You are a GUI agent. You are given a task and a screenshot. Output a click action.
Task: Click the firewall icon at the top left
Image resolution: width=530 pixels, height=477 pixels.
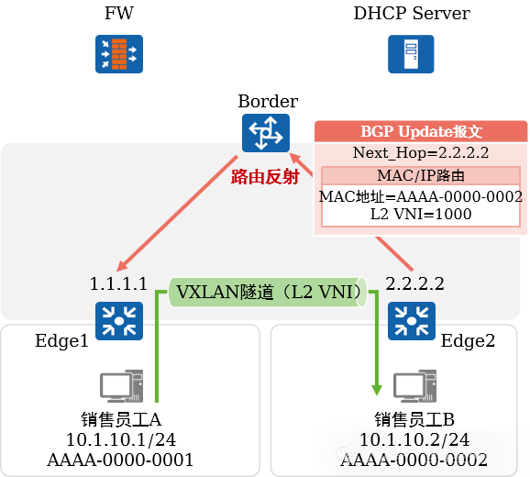118,54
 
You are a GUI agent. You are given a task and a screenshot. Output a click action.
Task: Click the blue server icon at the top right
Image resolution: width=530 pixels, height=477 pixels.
411,54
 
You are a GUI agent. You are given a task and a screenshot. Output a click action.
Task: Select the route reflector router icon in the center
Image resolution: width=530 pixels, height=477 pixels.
265,133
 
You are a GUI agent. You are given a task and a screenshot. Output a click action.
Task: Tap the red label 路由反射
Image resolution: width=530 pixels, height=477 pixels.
265,177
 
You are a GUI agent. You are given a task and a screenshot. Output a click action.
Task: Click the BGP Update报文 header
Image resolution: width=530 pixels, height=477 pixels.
421,131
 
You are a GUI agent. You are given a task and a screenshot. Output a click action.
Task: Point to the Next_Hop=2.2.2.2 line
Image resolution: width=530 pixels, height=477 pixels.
421,153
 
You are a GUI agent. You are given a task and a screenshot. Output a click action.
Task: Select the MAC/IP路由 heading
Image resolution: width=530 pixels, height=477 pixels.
421,175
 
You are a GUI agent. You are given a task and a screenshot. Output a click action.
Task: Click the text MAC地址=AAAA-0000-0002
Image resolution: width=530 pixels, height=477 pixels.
421,196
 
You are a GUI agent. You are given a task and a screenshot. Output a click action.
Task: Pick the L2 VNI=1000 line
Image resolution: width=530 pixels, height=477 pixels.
421,214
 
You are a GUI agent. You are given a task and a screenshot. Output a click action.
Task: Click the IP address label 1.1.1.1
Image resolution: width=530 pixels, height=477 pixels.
118,283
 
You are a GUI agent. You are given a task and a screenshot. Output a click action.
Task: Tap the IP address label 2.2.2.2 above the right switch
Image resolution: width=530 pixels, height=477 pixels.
414,283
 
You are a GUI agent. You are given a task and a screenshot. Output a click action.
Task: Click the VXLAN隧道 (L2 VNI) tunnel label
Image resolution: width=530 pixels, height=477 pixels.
266,293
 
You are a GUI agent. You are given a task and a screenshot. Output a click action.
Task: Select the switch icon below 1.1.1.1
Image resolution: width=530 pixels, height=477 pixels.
119,321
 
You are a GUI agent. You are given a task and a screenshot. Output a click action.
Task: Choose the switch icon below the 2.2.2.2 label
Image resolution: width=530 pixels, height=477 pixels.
412,321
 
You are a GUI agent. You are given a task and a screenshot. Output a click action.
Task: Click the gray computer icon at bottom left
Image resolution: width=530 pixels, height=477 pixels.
120,386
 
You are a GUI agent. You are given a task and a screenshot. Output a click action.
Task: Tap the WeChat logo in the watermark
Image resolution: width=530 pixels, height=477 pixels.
347,456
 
